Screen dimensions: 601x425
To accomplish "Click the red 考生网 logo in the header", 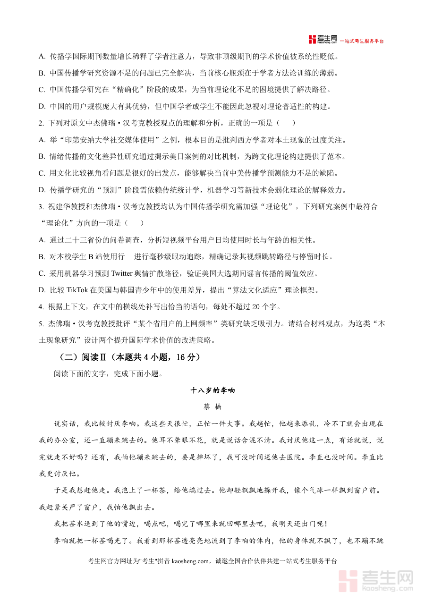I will [x=323, y=40].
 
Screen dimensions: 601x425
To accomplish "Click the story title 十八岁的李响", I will [x=212, y=390].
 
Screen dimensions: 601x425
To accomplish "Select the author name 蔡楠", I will [x=212, y=406].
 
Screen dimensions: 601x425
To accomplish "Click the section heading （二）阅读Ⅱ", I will [x=80, y=357].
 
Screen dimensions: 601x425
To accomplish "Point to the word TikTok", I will [x=77, y=289].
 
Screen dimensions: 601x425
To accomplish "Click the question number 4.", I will [x=41, y=306].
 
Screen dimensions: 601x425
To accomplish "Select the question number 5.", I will [x=41, y=323].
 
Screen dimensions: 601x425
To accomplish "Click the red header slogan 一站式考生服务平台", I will [x=363, y=41].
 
